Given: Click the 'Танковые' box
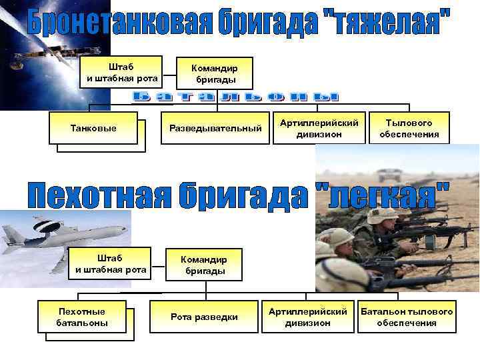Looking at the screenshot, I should click(93, 127).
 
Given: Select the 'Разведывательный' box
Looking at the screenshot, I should click(215, 127).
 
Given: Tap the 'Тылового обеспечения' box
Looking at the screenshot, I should click(409, 127).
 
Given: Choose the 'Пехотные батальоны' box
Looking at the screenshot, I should click(82, 316).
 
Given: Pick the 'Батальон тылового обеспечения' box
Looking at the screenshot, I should click(406, 316).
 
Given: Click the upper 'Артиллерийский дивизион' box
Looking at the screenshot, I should click(319, 127).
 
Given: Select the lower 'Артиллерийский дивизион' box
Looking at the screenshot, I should click(307, 316).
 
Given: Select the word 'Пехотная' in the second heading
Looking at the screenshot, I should click(96, 195).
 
